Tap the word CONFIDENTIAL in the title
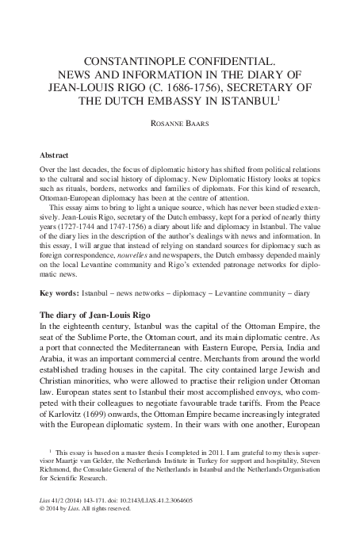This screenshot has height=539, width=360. (x=239, y=60)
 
